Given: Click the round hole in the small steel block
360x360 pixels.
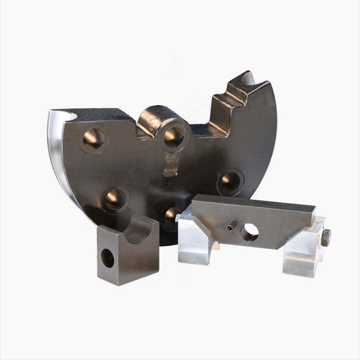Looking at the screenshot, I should tap(108, 257).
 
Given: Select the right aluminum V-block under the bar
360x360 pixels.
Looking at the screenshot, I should tap(303, 252).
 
